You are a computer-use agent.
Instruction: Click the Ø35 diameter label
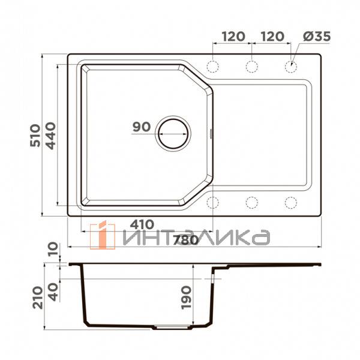pos(317,37)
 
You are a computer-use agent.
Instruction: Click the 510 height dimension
pos(35,136)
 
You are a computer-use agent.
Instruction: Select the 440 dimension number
pos(50,136)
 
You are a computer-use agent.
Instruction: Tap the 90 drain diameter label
pos(142,127)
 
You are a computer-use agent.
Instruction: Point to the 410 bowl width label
pos(142,224)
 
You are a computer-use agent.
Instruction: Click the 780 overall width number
pos(186,241)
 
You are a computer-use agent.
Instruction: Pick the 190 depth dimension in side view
pos(186,298)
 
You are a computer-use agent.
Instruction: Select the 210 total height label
pos(38,298)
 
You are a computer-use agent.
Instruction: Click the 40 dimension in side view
pos(53,292)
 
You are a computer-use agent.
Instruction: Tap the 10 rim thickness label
pos(53,250)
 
